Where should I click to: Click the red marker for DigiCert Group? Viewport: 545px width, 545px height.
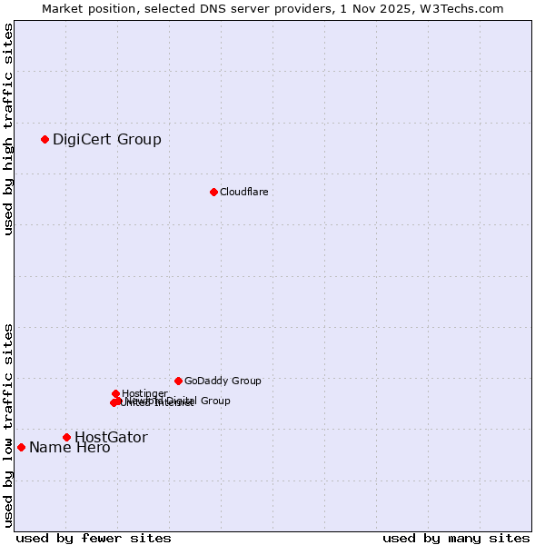[45, 139]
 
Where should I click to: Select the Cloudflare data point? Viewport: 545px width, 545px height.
[213, 192]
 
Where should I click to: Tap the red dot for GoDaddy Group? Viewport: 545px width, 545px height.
[178, 381]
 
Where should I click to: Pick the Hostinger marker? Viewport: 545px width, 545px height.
[116, 393]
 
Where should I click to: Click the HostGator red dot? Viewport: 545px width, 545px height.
[66, 437]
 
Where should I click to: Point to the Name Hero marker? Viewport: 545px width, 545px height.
[21, 447]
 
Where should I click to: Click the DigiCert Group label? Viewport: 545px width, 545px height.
[107, 139]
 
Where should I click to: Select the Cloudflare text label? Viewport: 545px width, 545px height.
[243, 192]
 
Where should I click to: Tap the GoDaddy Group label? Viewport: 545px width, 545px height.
[223, 381]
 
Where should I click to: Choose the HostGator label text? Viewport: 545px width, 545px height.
[111, 437]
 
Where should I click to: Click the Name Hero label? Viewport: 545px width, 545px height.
[70, 447]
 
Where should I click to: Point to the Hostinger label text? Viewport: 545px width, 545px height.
[144, 393]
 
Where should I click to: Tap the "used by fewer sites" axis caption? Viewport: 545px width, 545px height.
[94, 538]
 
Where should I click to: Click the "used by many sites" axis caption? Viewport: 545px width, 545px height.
[456, 538]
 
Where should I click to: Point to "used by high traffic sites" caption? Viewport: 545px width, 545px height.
[8, 129]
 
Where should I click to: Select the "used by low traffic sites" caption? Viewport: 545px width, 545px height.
[8, 425]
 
